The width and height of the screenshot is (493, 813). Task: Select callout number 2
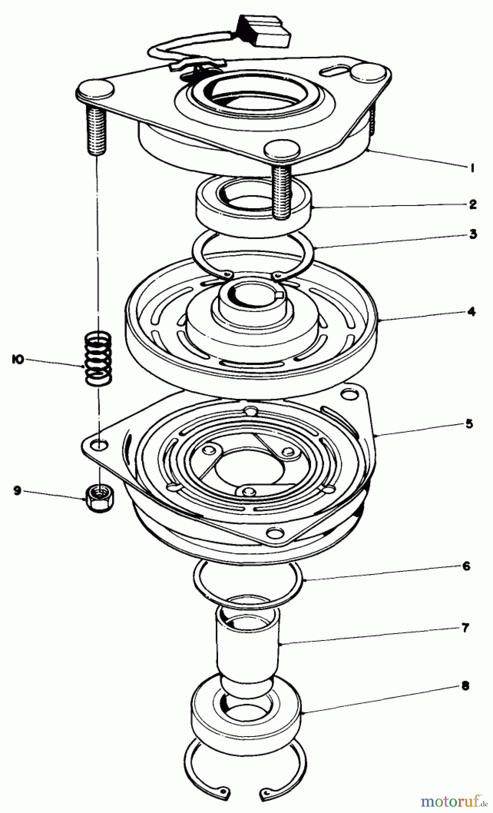(472, 205)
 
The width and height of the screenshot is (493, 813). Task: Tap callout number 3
(473, 234)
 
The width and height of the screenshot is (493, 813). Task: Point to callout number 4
(471, 311)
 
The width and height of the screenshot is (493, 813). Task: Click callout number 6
(466, 566)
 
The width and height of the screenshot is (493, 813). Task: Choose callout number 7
(465, 627)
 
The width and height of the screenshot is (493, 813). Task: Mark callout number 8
(465, 686)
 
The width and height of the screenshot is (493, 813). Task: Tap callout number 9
(18, 491)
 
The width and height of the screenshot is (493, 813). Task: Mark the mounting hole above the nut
(101, 445)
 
